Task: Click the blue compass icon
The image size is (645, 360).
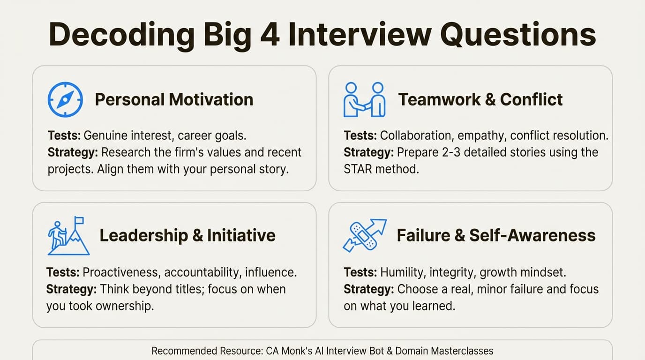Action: (x=65, y=99)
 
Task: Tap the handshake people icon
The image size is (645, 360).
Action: (x=364, y=99)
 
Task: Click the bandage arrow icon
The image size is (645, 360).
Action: (x=364, y=235)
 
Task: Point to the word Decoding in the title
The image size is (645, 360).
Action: (x=121, y=35)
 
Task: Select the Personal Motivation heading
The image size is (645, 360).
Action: (x=174, y=99)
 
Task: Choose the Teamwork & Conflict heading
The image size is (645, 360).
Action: (x=480, y=99)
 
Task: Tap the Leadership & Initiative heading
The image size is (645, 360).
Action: (x=187, y=235)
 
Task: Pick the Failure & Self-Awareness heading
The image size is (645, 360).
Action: (x=496, y=235)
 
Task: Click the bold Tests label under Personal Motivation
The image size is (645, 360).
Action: (x=64, y=136)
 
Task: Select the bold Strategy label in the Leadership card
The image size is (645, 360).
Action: (x=72, y=289)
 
